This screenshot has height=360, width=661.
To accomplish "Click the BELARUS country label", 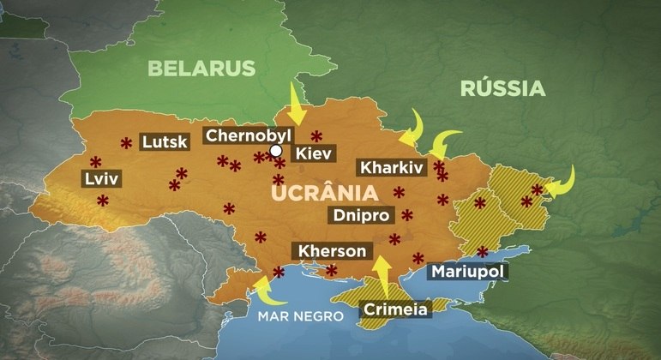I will (202, 69).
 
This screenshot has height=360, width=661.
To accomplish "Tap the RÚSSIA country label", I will (502, 88).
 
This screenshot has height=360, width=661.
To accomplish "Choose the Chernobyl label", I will (249, 135).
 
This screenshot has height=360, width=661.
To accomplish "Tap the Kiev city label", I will (312, 154).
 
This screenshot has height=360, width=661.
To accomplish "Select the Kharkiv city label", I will (391, 167).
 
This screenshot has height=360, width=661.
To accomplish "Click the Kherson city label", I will (336, 251).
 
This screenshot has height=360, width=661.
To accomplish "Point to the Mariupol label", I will (467, 272).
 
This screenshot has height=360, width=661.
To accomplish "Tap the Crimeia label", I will (395, 309).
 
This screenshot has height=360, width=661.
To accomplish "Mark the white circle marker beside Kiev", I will (276, 151).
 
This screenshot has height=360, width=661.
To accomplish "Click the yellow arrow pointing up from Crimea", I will (382, 273).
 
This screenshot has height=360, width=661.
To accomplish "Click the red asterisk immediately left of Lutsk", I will (126, 142).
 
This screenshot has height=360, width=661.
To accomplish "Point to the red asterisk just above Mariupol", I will (483, 251).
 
